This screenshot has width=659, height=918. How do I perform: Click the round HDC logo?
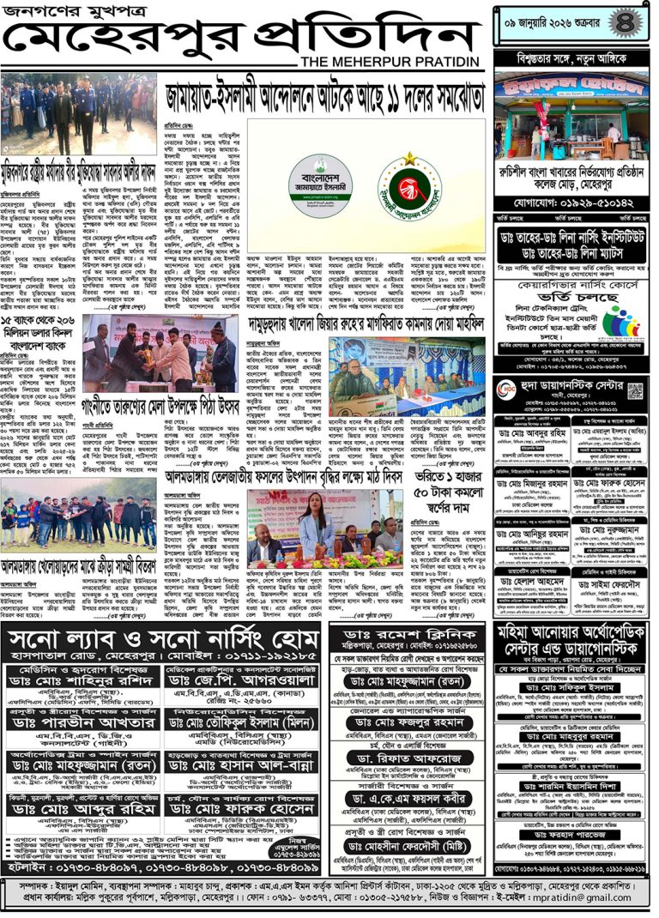[x=508, y=389]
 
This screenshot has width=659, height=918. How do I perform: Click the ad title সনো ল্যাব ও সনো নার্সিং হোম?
[x=162, y=638]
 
